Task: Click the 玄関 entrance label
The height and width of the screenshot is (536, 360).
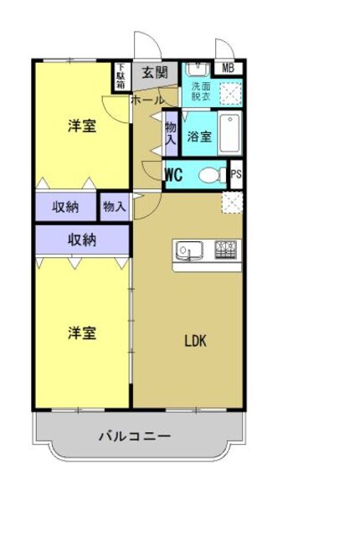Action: pyautogui.click(x=154, y=73)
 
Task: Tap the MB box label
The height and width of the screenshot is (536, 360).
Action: pyautogui.click(x=228, y=68)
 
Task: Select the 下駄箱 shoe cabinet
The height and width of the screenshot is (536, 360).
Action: pyautogui.click(x=121, y=76)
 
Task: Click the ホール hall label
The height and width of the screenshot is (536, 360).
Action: pyautogui.click(x=147, y=100)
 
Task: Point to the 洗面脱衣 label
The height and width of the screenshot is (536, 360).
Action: pyautogui.click(x=201, y=91)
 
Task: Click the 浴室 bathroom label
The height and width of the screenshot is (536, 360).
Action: pyautogui.click(x=199, y=137)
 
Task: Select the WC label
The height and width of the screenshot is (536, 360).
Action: pyautogui.click(x=174, y=176)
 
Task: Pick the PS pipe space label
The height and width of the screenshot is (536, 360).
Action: pyautogui.click(x=235, y=176)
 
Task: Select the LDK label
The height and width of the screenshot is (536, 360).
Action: pyautogui.click(x=195, y=341)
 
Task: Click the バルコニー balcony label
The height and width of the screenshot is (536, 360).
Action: pyautogui.click(x=134, y=436)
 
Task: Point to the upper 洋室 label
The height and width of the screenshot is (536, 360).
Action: pyautogui.click(x=81, y=127)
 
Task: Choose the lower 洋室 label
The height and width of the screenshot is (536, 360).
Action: pyautogui.click(x=81, y=332)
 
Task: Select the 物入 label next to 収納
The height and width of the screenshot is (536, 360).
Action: pyautogui.click(x=114, y=206)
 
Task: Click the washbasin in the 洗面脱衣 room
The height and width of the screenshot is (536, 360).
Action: pyautogui.click(x=198, y=70)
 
